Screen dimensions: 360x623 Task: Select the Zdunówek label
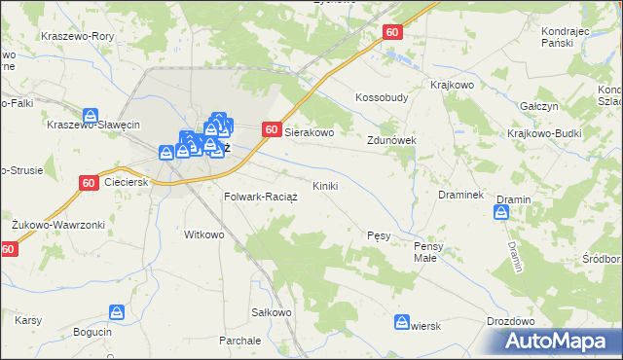coord(391,140)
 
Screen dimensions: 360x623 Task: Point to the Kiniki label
coord(325,185)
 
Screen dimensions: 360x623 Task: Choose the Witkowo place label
coord(204,234)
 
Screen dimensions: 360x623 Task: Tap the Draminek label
coord(461,195)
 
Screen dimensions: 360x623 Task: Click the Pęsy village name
coord(380,235)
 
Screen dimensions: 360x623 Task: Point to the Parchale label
coord(239,342)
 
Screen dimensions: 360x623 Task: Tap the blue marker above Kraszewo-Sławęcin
coord(91,115)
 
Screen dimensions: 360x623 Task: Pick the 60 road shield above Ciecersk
coord(89,182)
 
